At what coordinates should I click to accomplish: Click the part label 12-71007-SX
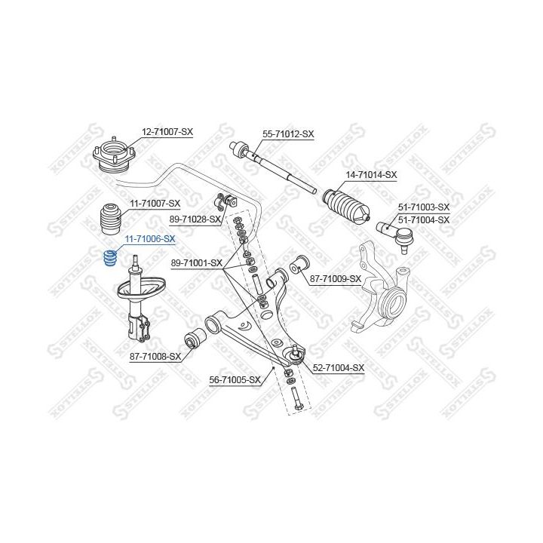tap(167, 131)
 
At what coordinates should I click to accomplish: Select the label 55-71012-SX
tap(288, 134)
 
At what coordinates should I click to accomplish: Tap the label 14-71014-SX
tap(371, 175)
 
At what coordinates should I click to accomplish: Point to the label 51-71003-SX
tap(423, 207)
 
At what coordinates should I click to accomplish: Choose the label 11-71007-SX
tap(155, 204)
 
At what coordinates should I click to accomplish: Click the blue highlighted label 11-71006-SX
tap(149, 239)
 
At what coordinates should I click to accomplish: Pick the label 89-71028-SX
tap(195, 219)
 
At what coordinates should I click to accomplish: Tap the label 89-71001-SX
tap(197, 263)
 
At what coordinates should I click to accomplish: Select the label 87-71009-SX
tap(336, 279)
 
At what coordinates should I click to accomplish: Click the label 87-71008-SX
tap(155, 356)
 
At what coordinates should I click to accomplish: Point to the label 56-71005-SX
tap(235, 379)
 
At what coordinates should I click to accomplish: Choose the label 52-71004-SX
tap(339, 368)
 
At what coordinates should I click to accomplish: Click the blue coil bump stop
tap(109, 259)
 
